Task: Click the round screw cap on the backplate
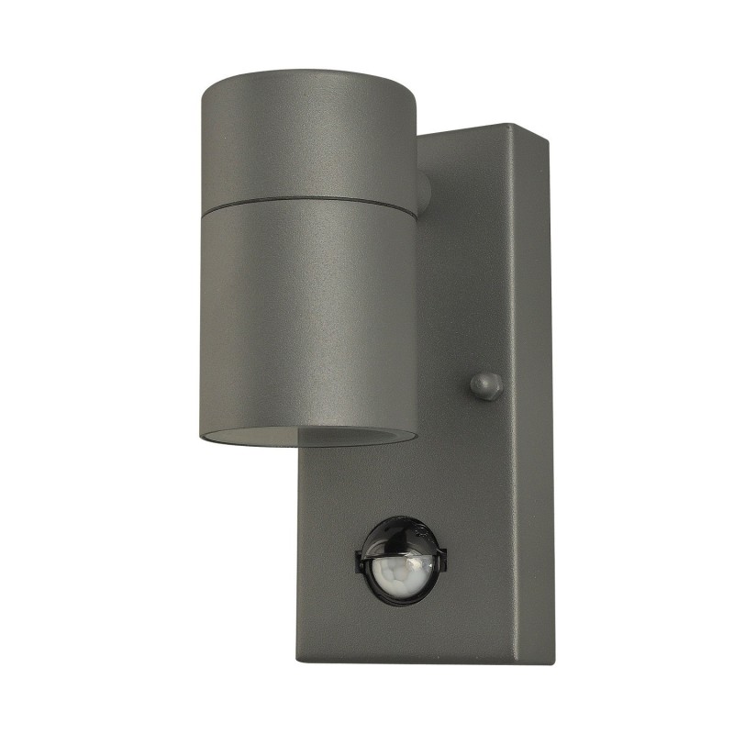click(485, 385)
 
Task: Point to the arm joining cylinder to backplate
click(423, 190)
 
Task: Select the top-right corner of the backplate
click(548, 140)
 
